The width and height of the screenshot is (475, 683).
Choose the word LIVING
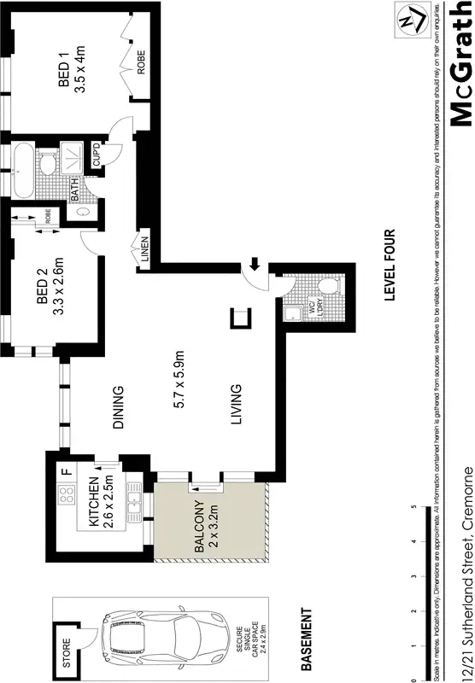point(236,406)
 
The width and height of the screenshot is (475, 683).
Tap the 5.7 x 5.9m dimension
point(179,380)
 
